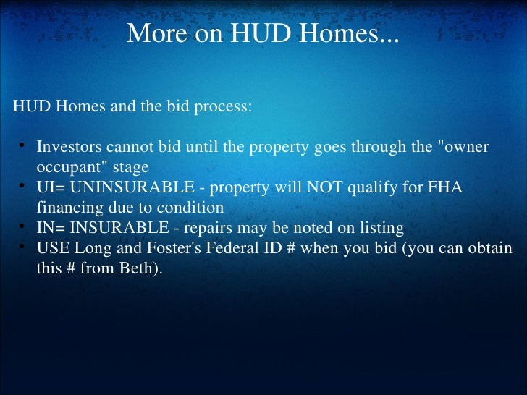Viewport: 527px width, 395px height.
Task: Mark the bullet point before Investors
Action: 23,148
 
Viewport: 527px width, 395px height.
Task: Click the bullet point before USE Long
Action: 23,248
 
